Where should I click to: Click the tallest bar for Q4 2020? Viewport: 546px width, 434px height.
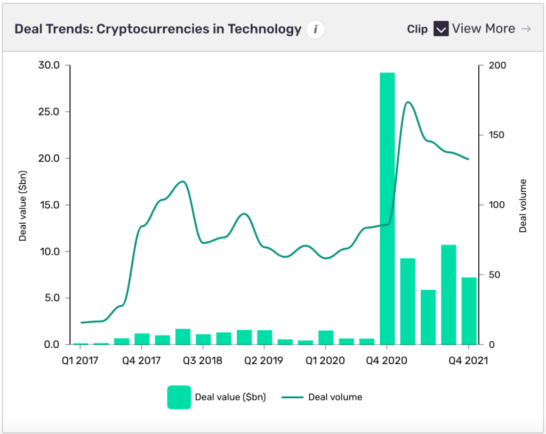(387, 208)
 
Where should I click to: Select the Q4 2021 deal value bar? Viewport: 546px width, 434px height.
(469, 310)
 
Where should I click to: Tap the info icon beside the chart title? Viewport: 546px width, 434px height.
(315, 29)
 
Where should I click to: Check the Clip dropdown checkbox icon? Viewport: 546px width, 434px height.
(440, 29)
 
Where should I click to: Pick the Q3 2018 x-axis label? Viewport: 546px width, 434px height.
(203, 361)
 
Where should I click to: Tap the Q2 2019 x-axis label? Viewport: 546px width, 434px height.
(263, 361)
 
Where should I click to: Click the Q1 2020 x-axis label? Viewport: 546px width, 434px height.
(325, 361)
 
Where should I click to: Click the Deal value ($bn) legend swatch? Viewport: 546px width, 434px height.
(179, 397)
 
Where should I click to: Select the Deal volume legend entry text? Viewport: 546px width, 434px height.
(335, 397)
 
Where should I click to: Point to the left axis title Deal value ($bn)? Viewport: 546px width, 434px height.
(23, 205)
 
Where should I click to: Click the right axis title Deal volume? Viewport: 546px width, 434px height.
(523, 205)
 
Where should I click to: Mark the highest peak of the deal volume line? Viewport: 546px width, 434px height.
(408, 102)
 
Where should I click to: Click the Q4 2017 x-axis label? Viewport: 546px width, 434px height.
(142, 361)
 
